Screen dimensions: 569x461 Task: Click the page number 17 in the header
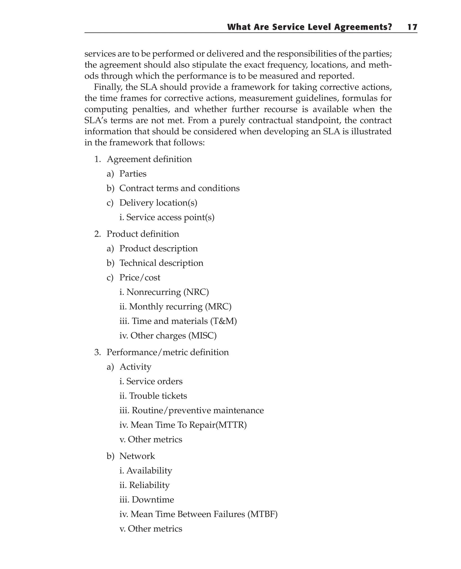(x=412, y=27)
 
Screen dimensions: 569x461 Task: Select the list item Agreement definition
(x=149, y=159)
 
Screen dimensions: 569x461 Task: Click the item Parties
(x=133, y=174)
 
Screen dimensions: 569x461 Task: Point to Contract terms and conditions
(x=179, y=188)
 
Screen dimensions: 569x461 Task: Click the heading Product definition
(x=143, y=234)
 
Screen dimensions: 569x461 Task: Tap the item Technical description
(x=161, y=263)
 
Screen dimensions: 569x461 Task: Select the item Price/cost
(x=140, y=278)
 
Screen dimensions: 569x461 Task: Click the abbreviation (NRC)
(x=196, y=292)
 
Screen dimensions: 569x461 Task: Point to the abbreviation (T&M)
(x=223, y=321)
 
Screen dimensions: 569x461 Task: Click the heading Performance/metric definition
(x=167, y=352)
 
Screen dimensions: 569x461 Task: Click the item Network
(x=137, y=456)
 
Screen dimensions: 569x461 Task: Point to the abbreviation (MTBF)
(x=262, y=514)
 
